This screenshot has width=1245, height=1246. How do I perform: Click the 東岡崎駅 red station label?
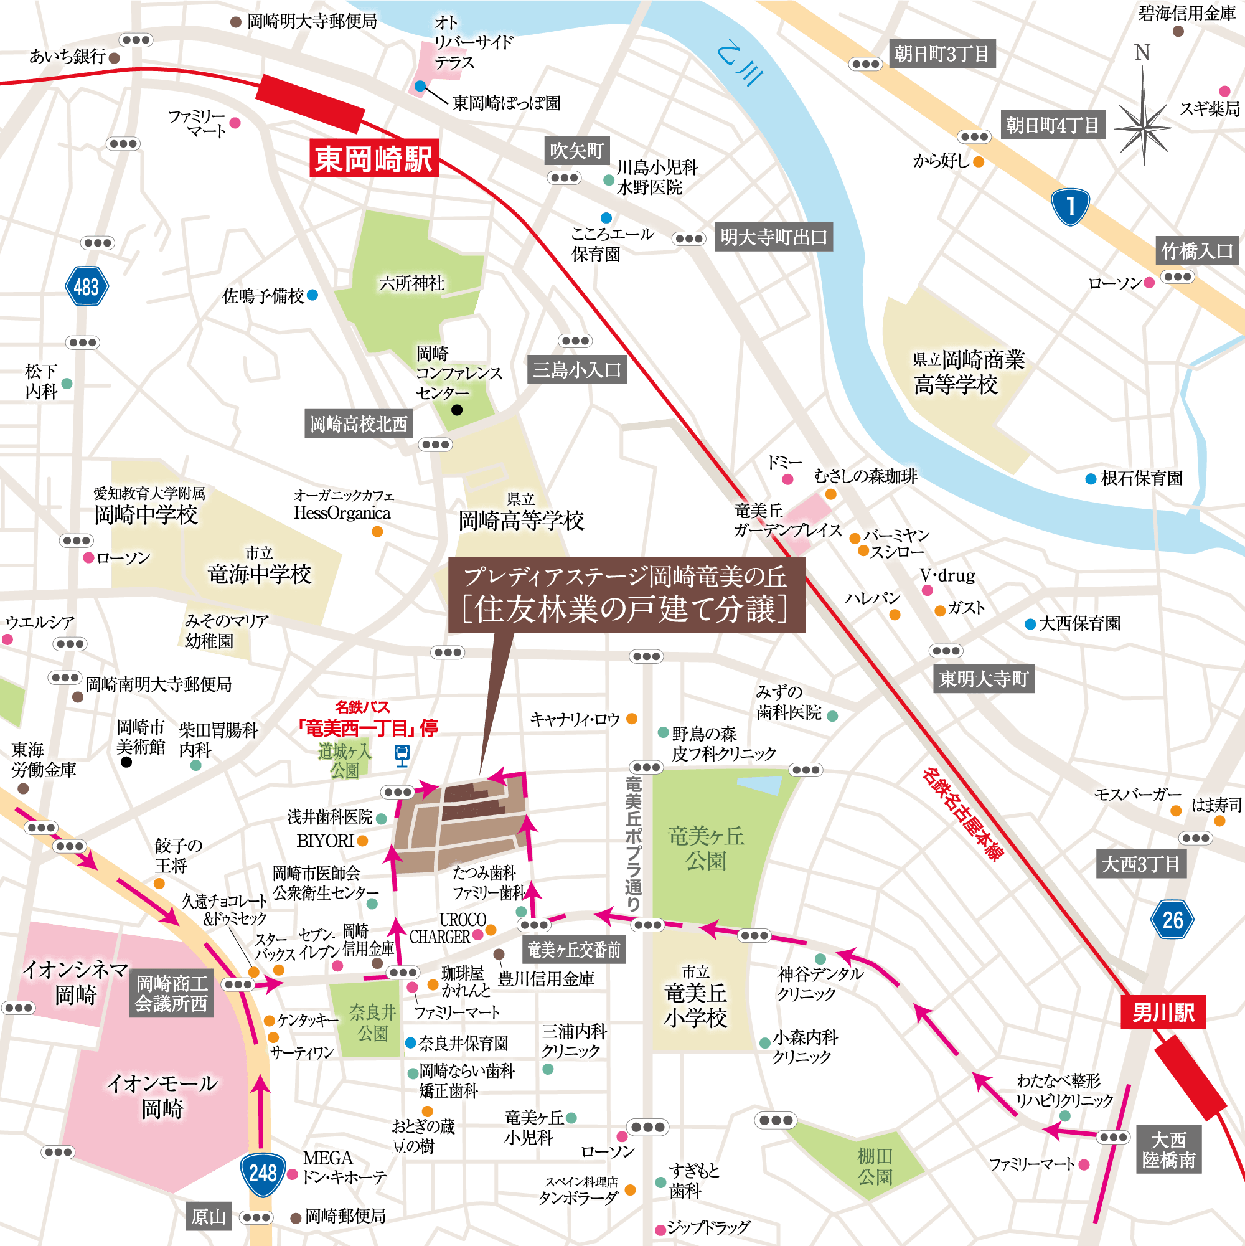pyautogui.click(x=374, y=159)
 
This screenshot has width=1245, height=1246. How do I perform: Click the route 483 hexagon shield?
pyautogui.click(x=87, y=286)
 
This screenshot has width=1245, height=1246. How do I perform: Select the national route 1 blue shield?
pyautogui.click(x=1070, y=206)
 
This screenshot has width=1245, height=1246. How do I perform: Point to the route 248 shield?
pyautogui.click(x=263, y=1172)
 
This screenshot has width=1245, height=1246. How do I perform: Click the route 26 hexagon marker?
pyautogui.click(x=1172, y=920)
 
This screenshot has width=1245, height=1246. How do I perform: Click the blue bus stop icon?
pyautogui.click(x=402, y=753)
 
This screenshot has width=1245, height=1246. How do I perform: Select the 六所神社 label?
pyautogui.click(x=411, y=283)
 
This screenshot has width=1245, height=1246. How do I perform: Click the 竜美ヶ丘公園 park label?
pyautogui.click(x=705, y=848)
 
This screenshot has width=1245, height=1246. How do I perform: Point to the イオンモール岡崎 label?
pyautogui.click(x=162, y=1097)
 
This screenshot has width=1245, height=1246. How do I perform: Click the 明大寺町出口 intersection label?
pyautogui.click(x=773, y=237)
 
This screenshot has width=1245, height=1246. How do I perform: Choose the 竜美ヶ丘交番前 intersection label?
pyautogui.click(x=573, y=950)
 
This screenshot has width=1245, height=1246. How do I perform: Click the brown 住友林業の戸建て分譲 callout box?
pyautogui.click(x=626, y=595)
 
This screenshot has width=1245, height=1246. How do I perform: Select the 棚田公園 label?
pyautogui.click(x=875, y=1166)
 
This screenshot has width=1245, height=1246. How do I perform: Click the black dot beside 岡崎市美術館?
pyautogui.click(x=126, y=762)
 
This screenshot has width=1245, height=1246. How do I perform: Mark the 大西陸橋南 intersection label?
pyautogui.click(x=1168, y=1150)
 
